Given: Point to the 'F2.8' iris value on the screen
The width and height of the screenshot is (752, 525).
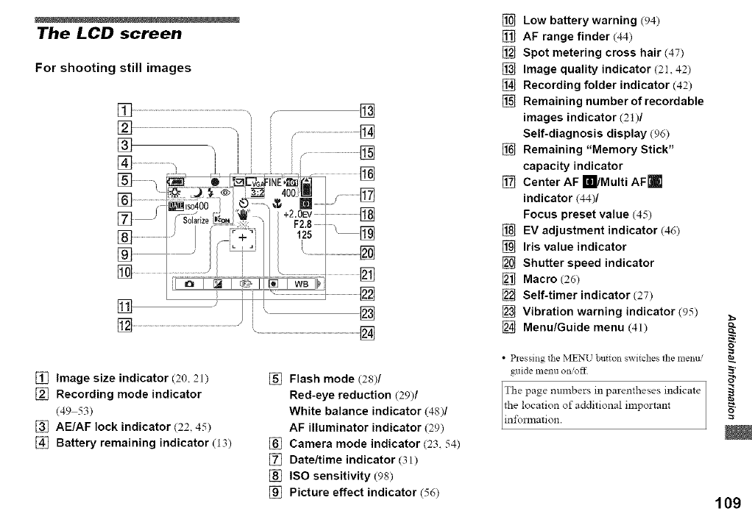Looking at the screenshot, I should click(304, 225).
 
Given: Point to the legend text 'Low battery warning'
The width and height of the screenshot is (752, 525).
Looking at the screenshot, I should click(579, 20).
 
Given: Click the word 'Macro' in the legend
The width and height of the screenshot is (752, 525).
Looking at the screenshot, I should click(541, 279).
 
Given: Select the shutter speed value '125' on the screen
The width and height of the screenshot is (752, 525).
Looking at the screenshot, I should click(304, 236).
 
